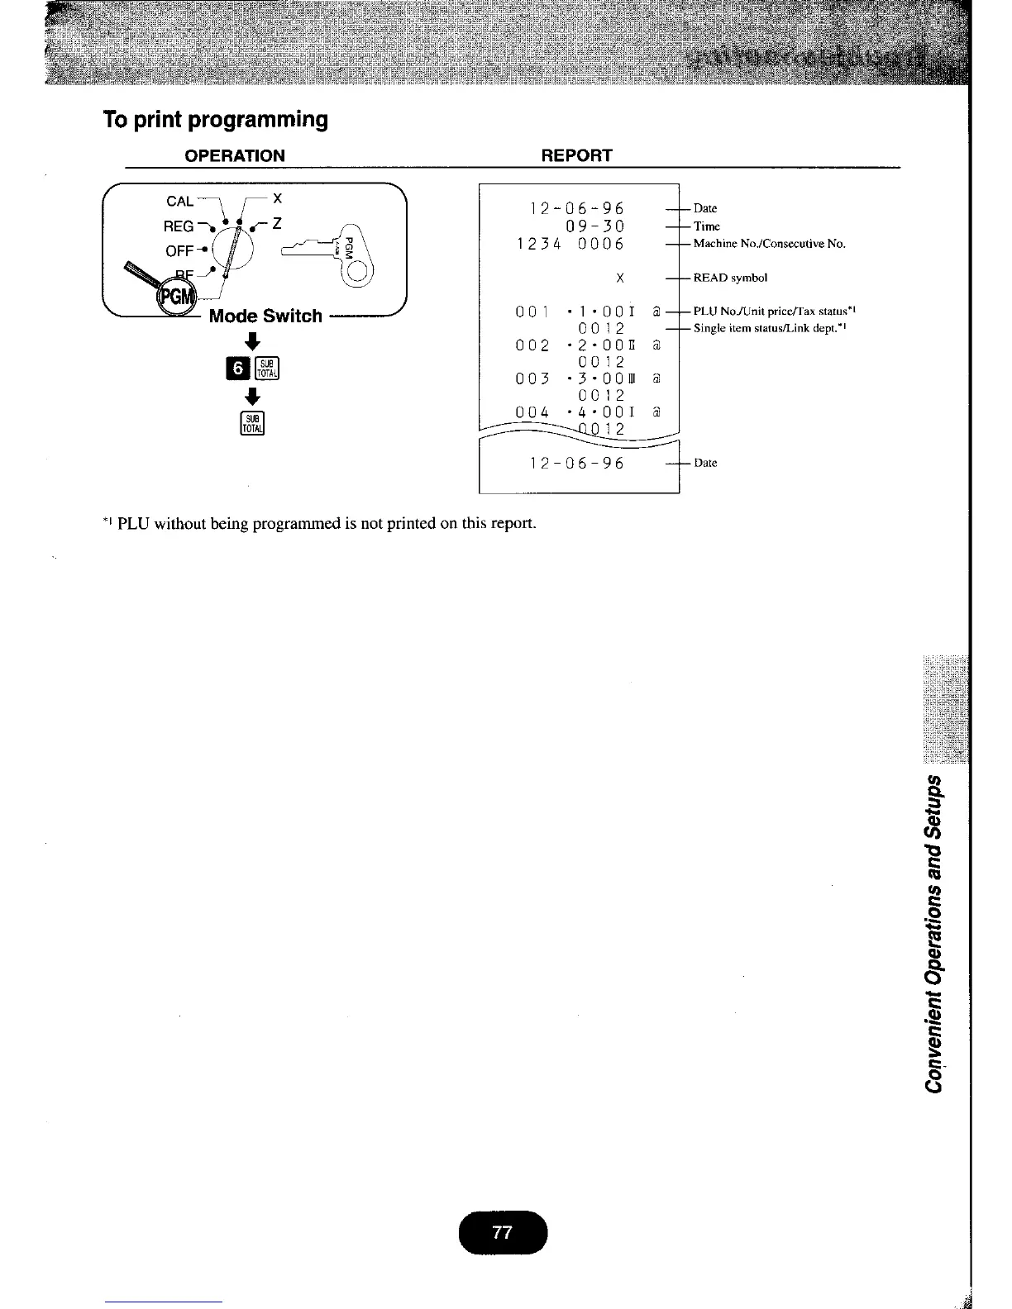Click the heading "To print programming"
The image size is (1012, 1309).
(215, 120)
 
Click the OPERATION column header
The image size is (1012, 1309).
(235, 156)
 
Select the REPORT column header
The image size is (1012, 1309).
(575, 156)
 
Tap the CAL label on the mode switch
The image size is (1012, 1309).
(179, 201)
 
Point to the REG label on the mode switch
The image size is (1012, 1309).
(179, 226)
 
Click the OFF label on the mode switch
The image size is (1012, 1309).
(179, 250)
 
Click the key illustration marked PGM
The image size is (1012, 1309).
(335, 253)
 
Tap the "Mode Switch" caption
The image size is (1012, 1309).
(265, 316)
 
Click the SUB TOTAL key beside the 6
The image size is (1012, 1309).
(270, 368)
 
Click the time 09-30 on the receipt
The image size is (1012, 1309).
(594, 226)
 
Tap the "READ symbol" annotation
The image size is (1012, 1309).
(730, 278)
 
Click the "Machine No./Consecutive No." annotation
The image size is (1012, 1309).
(769, 244)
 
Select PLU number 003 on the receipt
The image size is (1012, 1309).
(532, 378)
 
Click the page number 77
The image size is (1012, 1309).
(502, 1232)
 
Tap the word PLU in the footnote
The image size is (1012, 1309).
(133, 523)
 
